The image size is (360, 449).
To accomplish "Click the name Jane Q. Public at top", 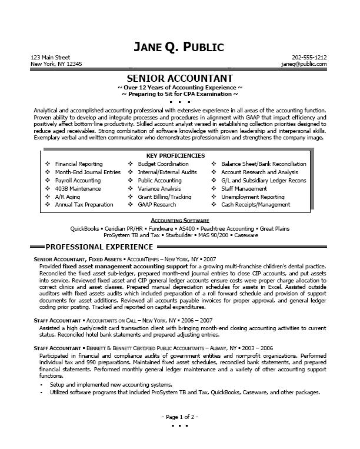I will [180, 46].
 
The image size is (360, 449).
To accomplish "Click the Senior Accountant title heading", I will [180, 78].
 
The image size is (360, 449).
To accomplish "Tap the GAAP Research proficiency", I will [156, 205].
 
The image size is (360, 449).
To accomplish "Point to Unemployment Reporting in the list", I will [253, 197].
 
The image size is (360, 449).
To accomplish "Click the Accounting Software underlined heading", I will [179, 219].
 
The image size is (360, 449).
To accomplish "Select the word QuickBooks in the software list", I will [85, 227].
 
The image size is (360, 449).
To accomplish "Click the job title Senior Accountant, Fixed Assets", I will [71, 259].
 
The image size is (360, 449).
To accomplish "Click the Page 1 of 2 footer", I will [179, 417].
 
